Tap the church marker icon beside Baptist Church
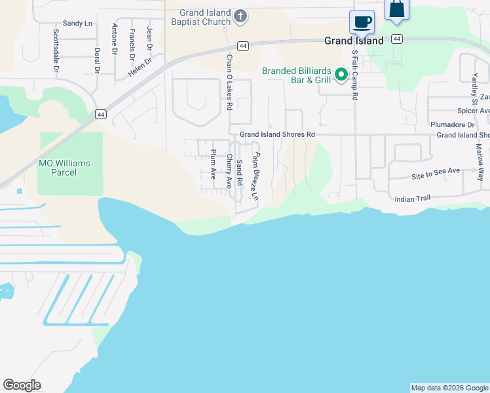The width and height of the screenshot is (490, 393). (x=240, y=16)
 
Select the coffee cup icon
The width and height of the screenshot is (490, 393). (x=362, y=22)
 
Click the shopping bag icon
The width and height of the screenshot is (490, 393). (x=397, y=10)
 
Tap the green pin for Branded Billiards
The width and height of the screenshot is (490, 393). (x=341, y=75)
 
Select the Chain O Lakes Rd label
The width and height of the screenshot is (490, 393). (x=229, y=82)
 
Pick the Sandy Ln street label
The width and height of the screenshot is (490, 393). (x=77, y=24)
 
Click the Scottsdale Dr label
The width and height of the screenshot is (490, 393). (x=56, y=50)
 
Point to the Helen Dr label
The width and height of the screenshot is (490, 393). (x=140, y=67)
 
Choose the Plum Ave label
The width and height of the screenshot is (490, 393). (x=213, y=165)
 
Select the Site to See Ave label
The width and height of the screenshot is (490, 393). (x=436, y=172)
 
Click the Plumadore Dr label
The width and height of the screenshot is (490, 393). (x=452, y=124)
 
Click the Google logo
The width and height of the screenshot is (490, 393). (x=22, y=385)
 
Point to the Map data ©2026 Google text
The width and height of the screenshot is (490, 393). (x=449, y=388)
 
